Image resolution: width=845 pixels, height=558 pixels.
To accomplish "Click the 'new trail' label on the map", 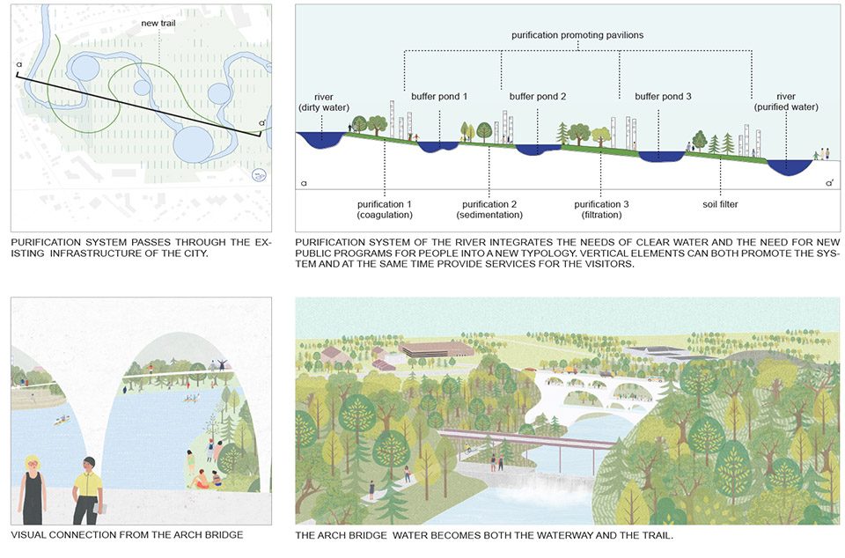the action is pyautogui.click(x=158, y=23).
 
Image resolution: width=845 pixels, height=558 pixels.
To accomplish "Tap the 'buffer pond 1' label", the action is pyautogui.click(x=439, y=97).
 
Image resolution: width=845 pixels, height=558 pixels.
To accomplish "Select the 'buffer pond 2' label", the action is pyautogui.click(x=537, y=97).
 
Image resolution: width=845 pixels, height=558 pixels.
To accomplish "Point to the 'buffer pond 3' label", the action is pyautogui.click(x=663, y=97).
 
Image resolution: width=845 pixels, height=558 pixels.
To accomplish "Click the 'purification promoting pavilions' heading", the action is pyautogui.click(x=577, y=35).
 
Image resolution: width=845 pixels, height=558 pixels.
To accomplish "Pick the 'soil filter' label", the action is pyautogui.click(x=720, y=204).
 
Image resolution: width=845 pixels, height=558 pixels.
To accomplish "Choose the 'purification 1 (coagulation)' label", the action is pyautogui.click(x=385, y=209).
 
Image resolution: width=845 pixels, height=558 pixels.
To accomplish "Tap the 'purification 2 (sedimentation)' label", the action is pyautogui.click(x=489, y=209).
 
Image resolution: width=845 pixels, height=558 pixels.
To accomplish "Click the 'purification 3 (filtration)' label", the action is pyautogui.click(x=601, y=209).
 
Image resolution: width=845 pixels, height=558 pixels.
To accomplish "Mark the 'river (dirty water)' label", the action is pyautogui.click(x=324, y=102).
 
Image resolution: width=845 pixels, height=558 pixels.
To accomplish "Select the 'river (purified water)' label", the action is pyautogui.click(x=786, y=102).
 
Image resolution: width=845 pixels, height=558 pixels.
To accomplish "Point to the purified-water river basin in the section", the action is pyautogui.click(x=790, y=166).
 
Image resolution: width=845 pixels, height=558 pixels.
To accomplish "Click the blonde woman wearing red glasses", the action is pyautogui.click(x=33, y=489).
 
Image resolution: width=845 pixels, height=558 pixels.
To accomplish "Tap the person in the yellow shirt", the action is pyautogui.click(x=88, y=490).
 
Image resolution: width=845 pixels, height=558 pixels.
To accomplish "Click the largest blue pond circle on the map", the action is pyautogui.click(x=194, y=144).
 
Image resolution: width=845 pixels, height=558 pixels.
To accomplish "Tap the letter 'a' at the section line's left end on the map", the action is pyautogui.click(x=18, y=64).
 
